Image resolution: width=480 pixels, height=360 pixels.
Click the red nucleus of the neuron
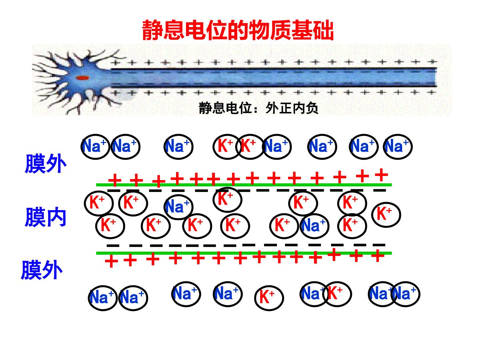point(82,78)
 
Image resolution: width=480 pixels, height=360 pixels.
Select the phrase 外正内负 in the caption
point(292,108)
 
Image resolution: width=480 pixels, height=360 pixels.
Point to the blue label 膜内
point(45,217)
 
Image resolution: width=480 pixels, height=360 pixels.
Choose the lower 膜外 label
point(42,270)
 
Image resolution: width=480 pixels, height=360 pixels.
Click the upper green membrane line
point(244,185)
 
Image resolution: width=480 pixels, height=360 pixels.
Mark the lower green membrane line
point(244,253)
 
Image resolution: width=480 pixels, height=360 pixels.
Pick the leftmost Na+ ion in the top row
point(95,147)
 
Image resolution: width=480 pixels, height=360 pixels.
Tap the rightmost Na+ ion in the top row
point(398,147)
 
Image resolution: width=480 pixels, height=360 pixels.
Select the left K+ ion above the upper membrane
point(227,147)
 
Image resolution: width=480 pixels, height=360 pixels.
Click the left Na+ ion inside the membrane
point(178,207)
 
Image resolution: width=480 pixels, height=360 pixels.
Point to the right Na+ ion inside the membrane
point(314,226)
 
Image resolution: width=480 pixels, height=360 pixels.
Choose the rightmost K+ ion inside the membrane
point(386,215)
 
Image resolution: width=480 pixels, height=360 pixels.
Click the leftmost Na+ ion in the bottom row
point(103,298)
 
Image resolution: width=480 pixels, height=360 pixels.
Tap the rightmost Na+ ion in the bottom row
point(405,294)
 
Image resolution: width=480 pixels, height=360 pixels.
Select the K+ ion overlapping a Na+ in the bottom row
point(337,294)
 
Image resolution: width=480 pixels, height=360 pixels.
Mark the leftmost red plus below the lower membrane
point(111,261)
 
